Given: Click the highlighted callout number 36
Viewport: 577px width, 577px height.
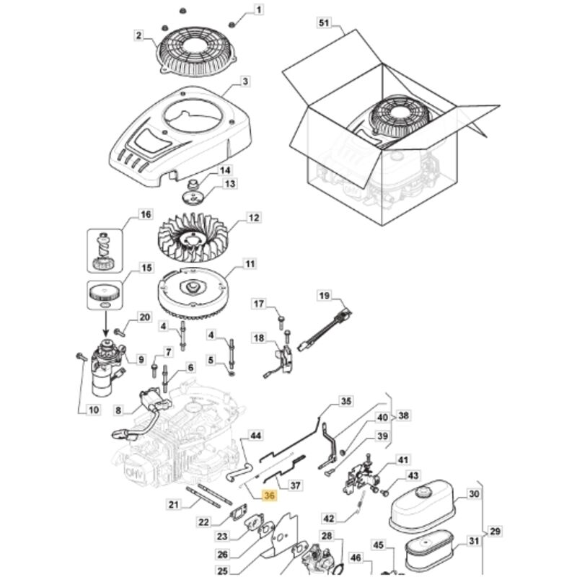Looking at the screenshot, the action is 269,495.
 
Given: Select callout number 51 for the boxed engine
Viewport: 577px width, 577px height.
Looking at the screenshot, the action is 324,23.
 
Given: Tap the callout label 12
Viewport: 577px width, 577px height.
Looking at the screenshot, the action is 254,218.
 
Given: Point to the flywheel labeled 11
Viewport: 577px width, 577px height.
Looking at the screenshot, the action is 191,294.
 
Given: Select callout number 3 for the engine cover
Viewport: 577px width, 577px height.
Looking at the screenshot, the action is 245,82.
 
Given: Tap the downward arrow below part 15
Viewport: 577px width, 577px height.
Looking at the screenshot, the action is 106,324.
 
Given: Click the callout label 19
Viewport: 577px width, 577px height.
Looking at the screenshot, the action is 325,296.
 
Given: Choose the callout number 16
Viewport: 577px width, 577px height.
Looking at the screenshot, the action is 146,214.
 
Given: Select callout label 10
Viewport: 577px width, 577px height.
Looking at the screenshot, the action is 94,409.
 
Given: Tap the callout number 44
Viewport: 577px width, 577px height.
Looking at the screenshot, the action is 255,436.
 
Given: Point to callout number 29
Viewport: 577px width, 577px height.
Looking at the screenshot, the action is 495,531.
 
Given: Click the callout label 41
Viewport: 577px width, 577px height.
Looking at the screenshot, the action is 403,459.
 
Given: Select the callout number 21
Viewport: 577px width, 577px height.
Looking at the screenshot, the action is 173,504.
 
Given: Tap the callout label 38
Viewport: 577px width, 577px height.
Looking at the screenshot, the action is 403,415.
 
